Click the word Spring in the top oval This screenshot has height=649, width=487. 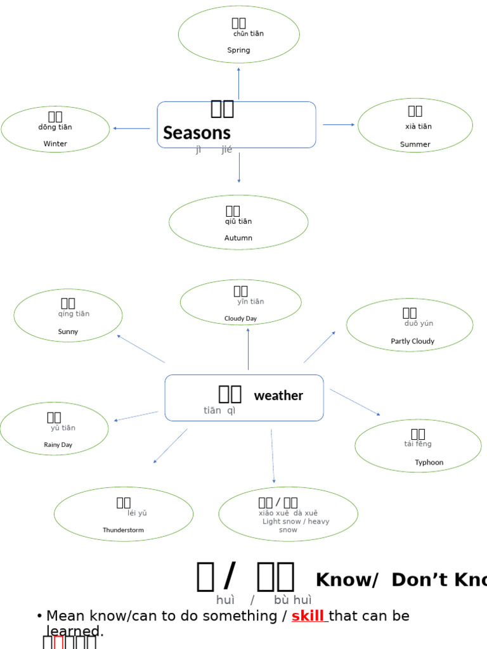click(x=238, y=50)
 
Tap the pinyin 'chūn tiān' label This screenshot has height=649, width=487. click(x=248, y=34)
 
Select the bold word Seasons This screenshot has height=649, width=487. click(x=197, y=133)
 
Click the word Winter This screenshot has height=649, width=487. click(x=55, y=144)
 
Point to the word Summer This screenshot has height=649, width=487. click(x=415, y=145)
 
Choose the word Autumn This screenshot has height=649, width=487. click(x=238, y=238)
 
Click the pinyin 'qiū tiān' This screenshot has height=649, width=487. click(x=238, y=222)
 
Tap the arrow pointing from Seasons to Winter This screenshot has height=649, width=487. click(x=131, y=129)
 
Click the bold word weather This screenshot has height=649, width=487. click(x=278, y=396)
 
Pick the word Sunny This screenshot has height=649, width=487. click(x=68, y=331)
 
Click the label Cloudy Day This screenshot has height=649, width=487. click(x=240, y=319)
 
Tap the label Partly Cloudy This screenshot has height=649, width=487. click(x=412, y=342)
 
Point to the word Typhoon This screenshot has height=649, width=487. click(x=429, y=463)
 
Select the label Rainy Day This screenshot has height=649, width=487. click(x=58, y=445)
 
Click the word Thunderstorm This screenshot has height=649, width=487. click(x=123, y=530)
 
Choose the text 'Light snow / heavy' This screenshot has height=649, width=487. click(x=295, y=522)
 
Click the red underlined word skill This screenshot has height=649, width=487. click(x=308, y=616)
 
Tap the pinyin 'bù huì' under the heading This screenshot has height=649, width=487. click(x=292, y=600)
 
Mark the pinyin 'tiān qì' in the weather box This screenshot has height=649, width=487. click(x=219, y=411)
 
